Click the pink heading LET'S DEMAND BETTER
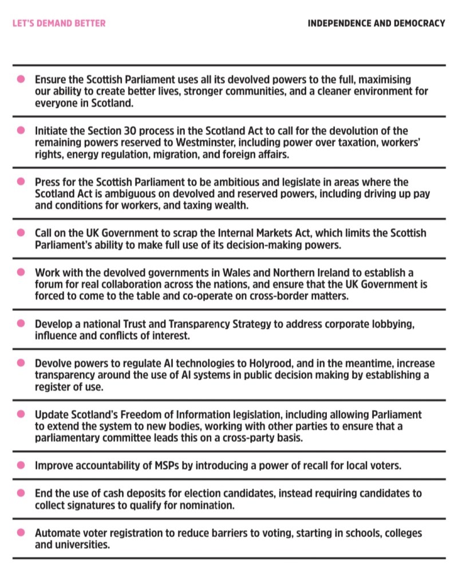[x=59, y=23]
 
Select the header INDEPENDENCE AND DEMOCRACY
[x=376, y=23]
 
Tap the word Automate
[x=56, y=533]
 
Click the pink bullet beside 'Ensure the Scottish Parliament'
[x=21, y=78]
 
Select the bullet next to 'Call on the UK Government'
[x=21, y=233]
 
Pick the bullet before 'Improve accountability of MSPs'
[x=21, y=465]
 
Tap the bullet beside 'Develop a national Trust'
[x=21, y=323]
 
